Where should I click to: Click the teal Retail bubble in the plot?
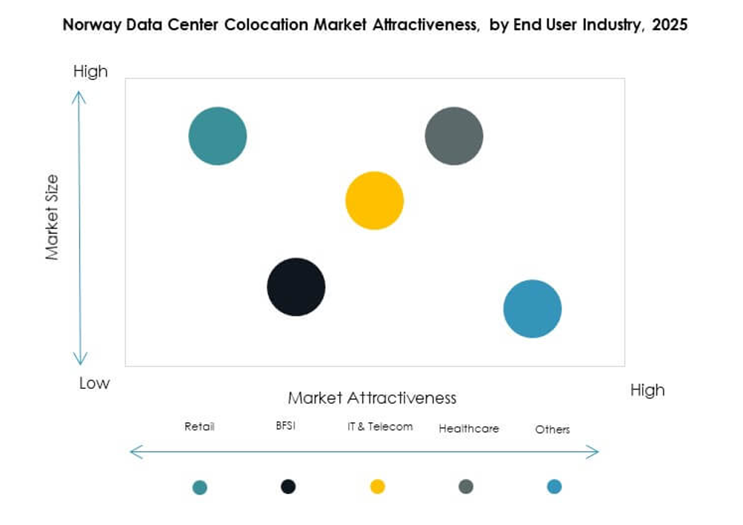tap(217, 136)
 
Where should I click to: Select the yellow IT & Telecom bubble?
tap(374, 201)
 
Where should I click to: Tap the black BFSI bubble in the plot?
tap(296, 287)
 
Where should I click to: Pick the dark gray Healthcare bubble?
tap(453, 136)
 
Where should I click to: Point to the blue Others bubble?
tap(532, 309)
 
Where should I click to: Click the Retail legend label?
tap(199, 427)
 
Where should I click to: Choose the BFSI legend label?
tap(285, 426)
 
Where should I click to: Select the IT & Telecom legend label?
tap(380, 427)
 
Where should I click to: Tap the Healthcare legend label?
tap(468, 429)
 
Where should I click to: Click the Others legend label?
tap(553, 429)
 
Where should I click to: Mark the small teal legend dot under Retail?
tap(199, 487)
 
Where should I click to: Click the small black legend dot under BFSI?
tap(288, 486)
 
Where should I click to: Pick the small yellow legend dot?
tap(377, 486)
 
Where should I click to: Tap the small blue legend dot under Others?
tap(554, 486)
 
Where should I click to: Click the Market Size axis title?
tap(52, 217)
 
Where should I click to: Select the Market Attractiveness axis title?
tap(372, 398)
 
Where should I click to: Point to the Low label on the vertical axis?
tap(94, 383)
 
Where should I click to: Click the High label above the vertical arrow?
tap(90, 71)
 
